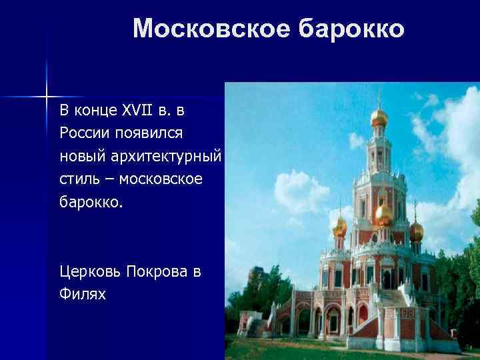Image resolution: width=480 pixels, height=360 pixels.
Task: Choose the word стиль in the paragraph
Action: coord(77,179)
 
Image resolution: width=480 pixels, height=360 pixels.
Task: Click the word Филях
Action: coord(83,294)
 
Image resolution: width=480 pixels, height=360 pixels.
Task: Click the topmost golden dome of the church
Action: coord(379,117)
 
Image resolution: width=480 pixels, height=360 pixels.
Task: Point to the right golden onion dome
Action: coord(417,231)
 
